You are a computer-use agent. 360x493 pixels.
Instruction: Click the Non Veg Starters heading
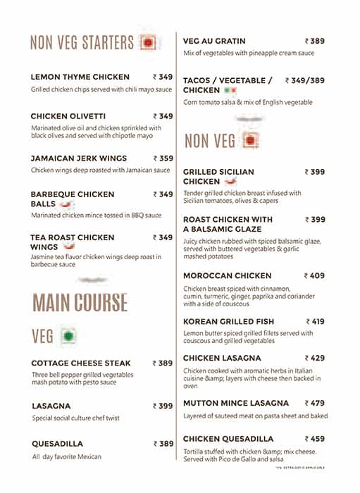coord(82,42)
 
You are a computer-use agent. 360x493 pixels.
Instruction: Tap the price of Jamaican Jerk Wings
coord(163,158)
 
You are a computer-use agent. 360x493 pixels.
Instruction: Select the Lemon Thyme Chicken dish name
coord(80,77)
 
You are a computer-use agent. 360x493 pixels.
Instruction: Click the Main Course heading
coord(80,302)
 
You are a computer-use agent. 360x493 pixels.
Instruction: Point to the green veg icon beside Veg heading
coord(68,336)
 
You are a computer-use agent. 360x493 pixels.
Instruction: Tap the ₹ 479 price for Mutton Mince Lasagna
coord(314,404)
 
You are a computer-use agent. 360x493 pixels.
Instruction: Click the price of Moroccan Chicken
coord(314,276)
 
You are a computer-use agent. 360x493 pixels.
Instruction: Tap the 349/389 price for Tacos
coord(305,81)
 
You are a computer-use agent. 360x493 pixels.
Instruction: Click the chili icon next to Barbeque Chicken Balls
coord(66,204)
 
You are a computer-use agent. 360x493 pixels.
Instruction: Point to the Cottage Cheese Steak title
coord(82,363)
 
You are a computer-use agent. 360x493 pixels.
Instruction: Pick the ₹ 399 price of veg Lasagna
coord(163,406)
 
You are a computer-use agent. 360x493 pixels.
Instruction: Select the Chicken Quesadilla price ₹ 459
coord(314,439)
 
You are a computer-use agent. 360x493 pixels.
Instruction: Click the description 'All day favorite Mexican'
coord(67,457)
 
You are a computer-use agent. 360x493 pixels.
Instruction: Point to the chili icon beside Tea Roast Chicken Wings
coord(69,248)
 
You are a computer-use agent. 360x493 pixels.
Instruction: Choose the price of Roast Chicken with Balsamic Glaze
coord(314,220)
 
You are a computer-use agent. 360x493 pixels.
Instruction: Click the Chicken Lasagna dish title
coord(222,358)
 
